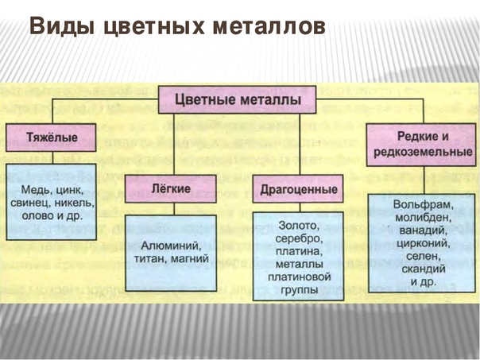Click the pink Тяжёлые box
52,137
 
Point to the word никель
76,203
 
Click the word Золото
298,226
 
